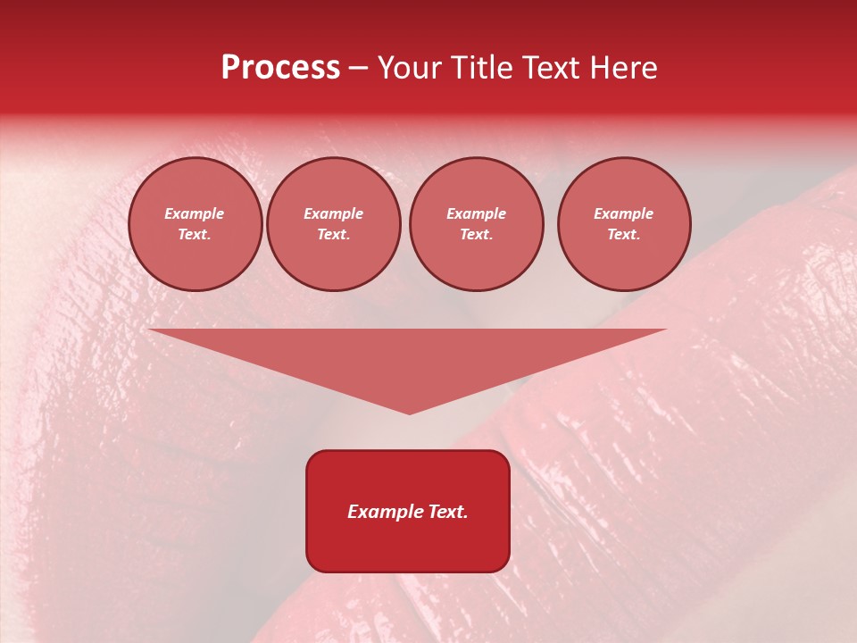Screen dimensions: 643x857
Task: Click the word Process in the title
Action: [x=280, y=68]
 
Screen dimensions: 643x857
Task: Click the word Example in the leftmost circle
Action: [x=195, y=213]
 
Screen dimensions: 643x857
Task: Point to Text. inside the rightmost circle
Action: [x=624, y=235]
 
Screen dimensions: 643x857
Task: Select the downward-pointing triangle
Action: [x=408, y=357]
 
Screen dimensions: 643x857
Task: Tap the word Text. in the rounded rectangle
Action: [x=448, y=512]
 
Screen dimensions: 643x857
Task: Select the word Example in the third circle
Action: [x=477, y=213]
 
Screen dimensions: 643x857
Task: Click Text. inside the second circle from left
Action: [x=334, y=235]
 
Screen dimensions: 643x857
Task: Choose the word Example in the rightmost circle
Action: [x=624, y=213]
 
